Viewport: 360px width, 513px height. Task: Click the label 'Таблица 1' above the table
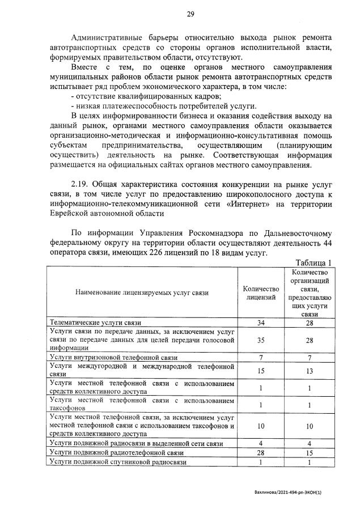click(x=314, y=262)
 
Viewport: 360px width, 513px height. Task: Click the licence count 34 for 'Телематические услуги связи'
click(x=261, y=323)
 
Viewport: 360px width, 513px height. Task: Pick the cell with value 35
click(x=261, y=340)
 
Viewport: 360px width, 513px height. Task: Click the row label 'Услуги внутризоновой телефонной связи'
click(x=114, y=358)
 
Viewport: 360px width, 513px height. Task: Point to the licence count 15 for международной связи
click(x=261, y=371)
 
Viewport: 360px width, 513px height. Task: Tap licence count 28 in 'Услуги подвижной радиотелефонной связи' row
click(x=261, y=453)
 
